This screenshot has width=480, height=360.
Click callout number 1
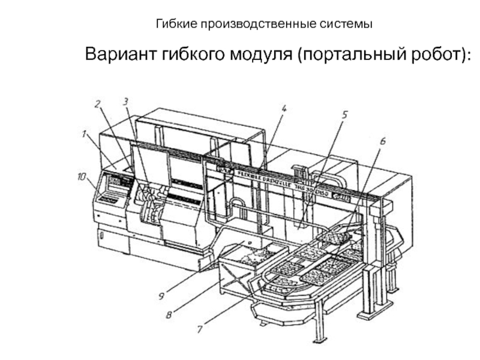[85, 135]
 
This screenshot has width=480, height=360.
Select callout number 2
[97, 104]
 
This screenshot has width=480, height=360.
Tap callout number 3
[125, 102]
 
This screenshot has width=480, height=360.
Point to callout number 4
[283, 109]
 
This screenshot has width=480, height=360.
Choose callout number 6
[383, 141]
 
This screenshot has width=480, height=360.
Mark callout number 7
[199, 329]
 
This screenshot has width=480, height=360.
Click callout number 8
[169, 313]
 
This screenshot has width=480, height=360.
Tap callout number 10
[82, 176]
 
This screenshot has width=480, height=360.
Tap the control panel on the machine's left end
[114, 187]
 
